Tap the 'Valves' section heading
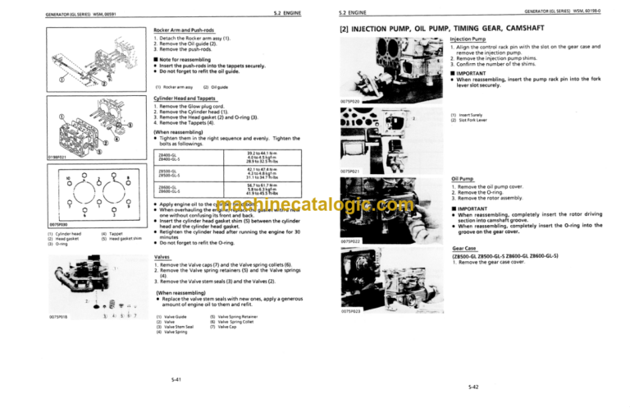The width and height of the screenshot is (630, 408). pos(162,256)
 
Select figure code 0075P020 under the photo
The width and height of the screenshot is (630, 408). pos(339,100)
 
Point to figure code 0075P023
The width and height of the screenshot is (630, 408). pos(339,312)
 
